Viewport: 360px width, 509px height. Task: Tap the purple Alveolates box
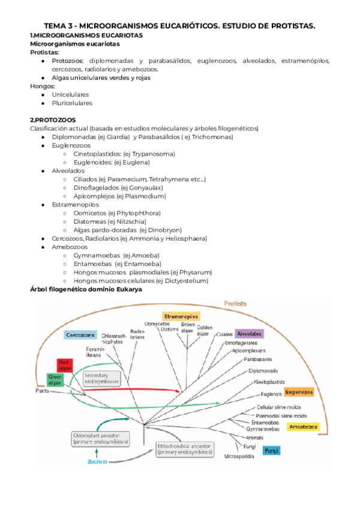point(250,333)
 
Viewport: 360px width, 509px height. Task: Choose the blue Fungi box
point(272,450)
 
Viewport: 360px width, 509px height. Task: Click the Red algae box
point(65,366)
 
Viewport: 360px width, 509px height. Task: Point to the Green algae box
point(55,379)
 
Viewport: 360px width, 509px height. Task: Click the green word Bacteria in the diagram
point(97,462)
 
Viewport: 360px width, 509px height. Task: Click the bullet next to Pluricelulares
point(43,103)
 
